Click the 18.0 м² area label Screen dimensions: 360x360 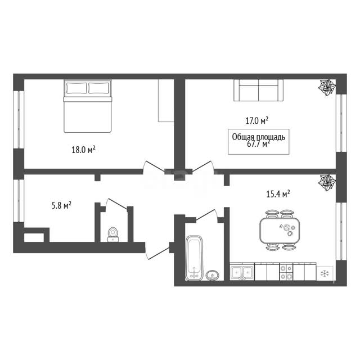[83, 150]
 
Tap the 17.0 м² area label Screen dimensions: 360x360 [257, 121]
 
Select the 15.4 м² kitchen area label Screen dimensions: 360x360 [278, 194]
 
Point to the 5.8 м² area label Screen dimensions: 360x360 [61, 205]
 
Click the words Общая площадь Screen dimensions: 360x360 [259, 137]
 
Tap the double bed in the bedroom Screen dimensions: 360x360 [87, 106]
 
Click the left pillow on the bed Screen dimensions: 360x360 [76, 88]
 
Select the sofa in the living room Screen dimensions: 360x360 [259, 90]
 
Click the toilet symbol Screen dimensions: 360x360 [113, 235]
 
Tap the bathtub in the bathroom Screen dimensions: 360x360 [194, 258]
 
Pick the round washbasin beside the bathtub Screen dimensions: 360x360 [213, 275]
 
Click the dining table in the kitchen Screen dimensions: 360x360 [280, 230]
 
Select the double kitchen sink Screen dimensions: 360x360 [242, 272]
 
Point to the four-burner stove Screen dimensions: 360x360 [286, 272]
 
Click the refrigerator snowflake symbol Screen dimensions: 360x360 [325, 273]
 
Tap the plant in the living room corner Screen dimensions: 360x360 [327, 88]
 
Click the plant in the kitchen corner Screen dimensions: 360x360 [327, 182]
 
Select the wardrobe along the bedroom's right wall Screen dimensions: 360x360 [166, 100]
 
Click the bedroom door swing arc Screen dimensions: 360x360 [145, 166]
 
